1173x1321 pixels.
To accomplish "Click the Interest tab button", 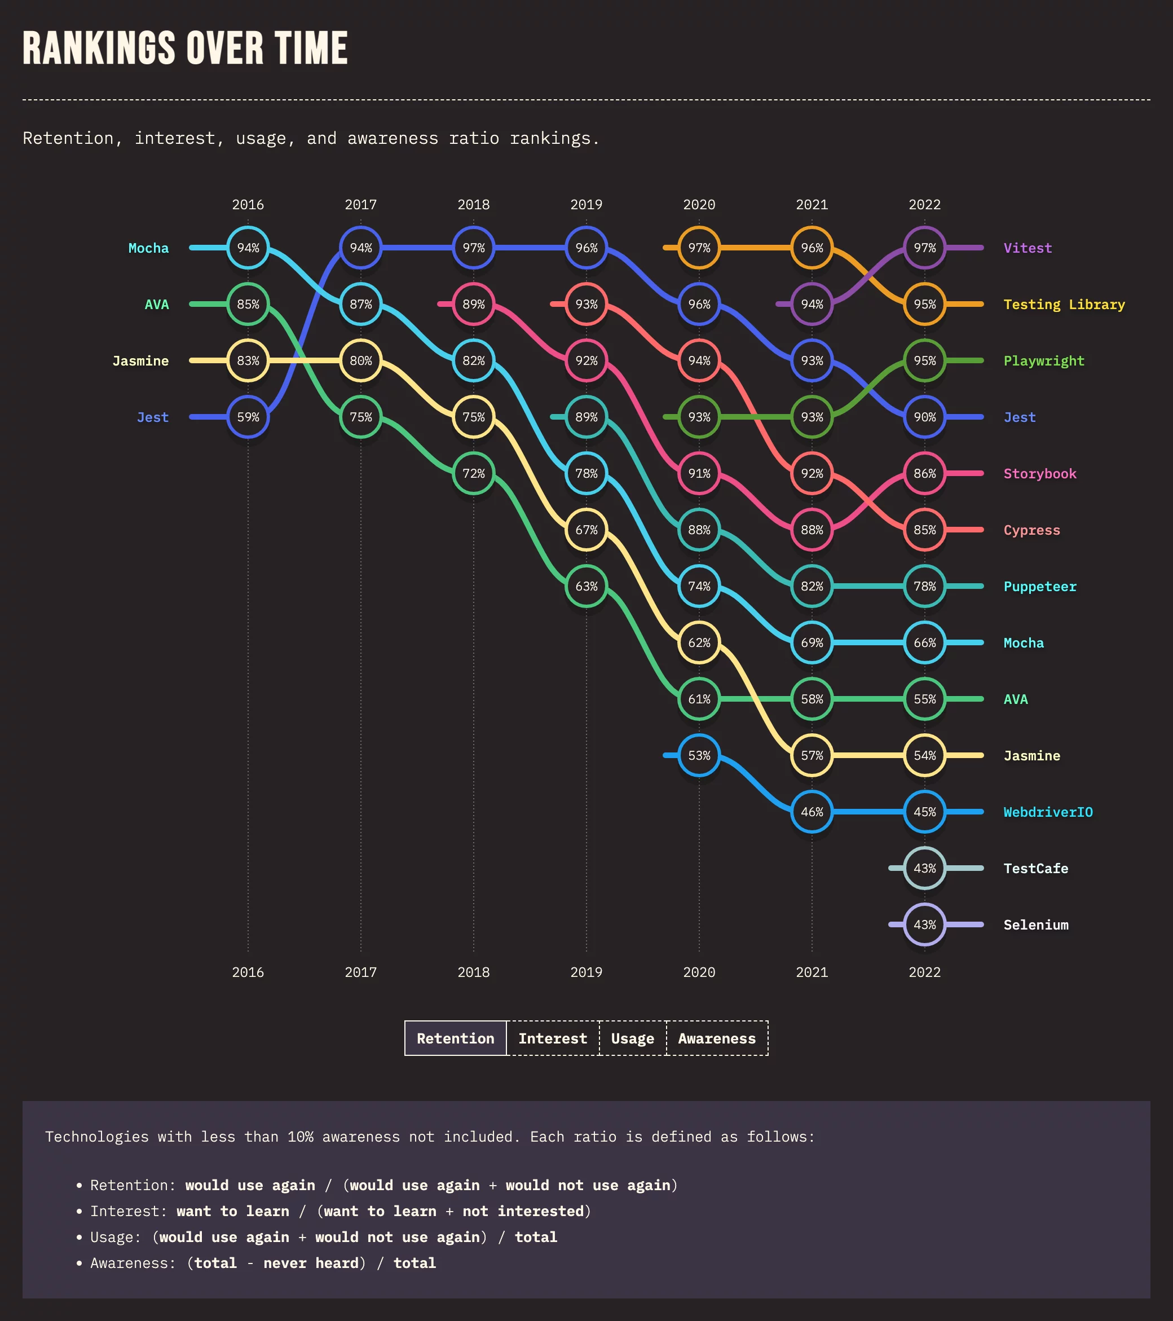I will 553,1038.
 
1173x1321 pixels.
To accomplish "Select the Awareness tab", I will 717,1038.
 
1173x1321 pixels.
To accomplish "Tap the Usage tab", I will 632,1038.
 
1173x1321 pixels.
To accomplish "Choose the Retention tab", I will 455,1038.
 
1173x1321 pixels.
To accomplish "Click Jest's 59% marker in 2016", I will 248,417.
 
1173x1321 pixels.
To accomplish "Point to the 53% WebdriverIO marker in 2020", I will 699,755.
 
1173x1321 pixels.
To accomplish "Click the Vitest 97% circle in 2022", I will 925,248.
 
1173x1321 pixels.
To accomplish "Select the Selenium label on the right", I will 1035,925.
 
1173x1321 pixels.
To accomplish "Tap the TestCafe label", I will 1035,869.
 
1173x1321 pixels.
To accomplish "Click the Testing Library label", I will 1064,305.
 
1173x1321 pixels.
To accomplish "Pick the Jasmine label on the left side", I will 140,360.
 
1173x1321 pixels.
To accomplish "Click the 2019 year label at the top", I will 586,205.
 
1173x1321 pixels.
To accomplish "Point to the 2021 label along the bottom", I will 812,972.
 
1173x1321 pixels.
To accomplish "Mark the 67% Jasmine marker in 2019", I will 586,530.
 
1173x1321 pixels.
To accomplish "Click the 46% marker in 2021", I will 812,812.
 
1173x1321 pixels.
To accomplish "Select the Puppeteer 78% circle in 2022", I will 925,586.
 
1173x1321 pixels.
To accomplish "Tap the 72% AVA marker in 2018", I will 474,474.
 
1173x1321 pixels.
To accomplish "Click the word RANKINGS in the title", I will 99,49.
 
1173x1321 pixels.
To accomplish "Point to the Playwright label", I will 1044,360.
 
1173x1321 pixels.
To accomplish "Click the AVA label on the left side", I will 156,305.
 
